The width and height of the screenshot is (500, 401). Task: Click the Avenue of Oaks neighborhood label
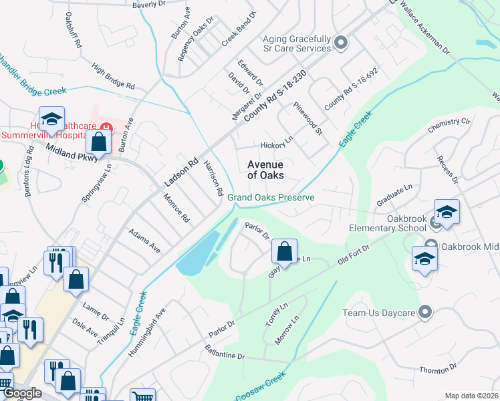tap(265, 170)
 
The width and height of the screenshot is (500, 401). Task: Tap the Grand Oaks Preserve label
tap(270, 197)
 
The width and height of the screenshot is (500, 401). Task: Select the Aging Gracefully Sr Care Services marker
tap(341, 43)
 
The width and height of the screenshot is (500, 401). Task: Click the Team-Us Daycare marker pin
tap(424, 312)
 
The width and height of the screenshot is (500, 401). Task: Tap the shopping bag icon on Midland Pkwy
tap(98, 142)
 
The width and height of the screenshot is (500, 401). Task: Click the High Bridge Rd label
tap(114, 77)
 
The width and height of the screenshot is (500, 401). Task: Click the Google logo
tap(22, 393)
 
